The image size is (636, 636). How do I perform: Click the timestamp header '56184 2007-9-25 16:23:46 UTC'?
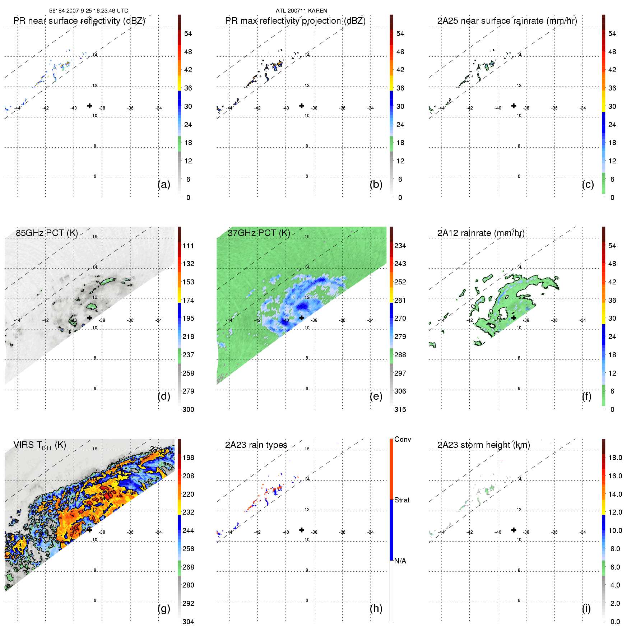point(88,10)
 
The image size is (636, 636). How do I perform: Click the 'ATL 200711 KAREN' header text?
point(301,10)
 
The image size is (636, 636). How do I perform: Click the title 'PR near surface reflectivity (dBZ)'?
point(79,21)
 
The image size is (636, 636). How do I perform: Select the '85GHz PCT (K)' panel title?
point(47,233)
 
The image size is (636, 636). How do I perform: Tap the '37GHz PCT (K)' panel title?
point(259,233)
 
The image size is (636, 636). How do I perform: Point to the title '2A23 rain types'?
point(256,445)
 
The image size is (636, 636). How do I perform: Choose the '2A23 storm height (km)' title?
point(483,445)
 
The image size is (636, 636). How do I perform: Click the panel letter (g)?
point(164,608)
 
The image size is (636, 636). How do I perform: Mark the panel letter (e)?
point(376,396)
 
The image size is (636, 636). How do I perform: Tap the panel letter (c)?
point(588,184)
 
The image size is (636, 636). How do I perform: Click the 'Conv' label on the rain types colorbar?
point(402,439)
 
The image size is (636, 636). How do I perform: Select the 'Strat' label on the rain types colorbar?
point(401,500)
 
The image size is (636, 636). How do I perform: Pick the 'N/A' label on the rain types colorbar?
point(400,561)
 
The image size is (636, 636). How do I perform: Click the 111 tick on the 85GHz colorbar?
point(188,246)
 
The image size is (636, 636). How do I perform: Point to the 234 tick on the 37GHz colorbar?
point(400,246)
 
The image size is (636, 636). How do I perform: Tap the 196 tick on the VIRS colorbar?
point(188,458)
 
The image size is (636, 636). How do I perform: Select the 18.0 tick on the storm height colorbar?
point(615,458)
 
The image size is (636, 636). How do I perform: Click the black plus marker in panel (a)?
point(89,106)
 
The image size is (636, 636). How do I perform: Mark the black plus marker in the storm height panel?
point(514,530)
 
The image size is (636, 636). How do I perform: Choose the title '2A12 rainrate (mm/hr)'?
point(481,233)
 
